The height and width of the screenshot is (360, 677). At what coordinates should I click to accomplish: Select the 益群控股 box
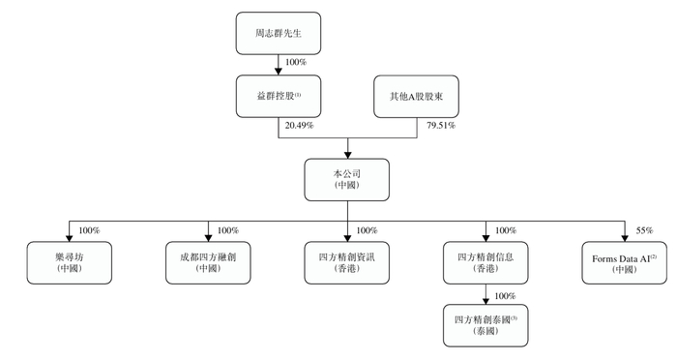point(277,98)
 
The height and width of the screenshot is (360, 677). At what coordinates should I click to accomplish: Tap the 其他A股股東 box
point(415,98)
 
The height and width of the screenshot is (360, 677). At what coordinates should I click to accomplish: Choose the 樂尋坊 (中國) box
point(71,262)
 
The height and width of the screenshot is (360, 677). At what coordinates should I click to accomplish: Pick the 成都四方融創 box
point(208,262)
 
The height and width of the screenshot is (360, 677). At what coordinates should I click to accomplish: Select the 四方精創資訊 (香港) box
point(347,262)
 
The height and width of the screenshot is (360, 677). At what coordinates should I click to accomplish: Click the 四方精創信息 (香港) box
point(485,262)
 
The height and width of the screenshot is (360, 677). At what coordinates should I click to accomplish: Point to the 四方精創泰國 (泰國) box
point(485,323)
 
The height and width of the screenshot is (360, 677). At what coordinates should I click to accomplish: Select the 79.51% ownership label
point(441,125)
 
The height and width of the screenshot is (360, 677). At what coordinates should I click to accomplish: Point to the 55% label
point(645,230)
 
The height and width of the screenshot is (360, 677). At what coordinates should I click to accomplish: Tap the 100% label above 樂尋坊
point(90,230)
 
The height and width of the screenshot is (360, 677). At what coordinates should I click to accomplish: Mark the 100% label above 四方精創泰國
point(503,294)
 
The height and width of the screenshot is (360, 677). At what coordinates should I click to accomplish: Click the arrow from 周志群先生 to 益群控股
point(277,64)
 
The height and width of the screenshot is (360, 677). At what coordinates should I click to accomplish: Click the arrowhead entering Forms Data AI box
point(623,238)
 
